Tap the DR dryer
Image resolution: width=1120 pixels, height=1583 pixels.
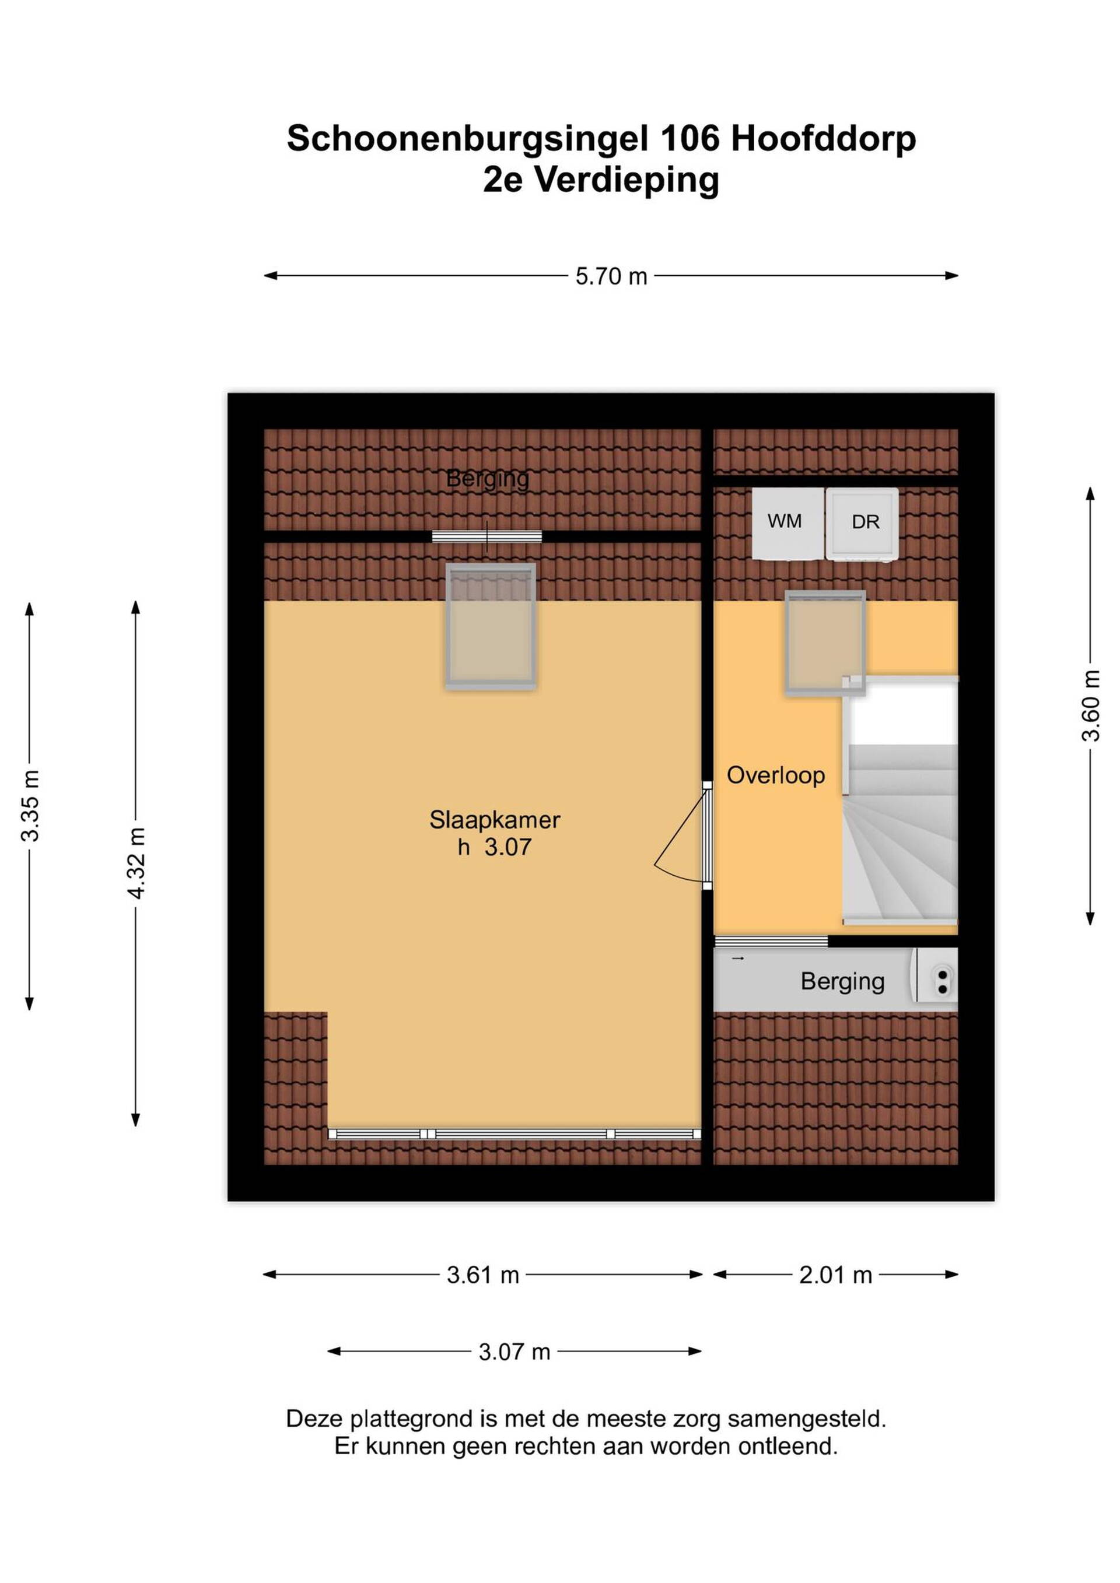862,524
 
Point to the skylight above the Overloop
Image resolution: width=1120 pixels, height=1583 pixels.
825,643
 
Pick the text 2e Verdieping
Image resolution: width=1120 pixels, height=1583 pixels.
601,180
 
